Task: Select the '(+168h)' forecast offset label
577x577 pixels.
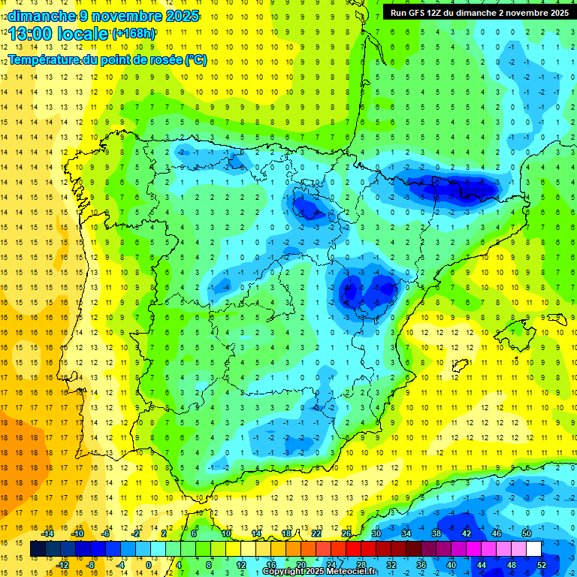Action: pyautogui.click(x=134, y=34)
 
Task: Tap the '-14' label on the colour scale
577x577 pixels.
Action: pyautogui.click(x=47, y=533)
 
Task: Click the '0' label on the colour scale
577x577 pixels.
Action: pyautogui.click(x=149, y=565)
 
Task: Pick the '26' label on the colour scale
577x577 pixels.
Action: pyautogui.click(x=346, y=533)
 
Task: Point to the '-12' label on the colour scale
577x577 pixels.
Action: pyautogui.click(x=62, y=565)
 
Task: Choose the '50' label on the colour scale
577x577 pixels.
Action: pyautogui.click(x=526, y=533)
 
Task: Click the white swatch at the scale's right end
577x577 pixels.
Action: pyautogui.click(x=533, y=549)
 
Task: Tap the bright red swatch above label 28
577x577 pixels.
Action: pyautogui.click(x=361, y=549)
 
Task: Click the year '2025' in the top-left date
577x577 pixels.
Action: pyautogui.click(x=179, y=16)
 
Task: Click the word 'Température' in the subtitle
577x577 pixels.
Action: pyautogui.click(x=44, y=59)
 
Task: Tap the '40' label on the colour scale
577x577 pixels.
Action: pyautogui.click(x=452, y=565)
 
